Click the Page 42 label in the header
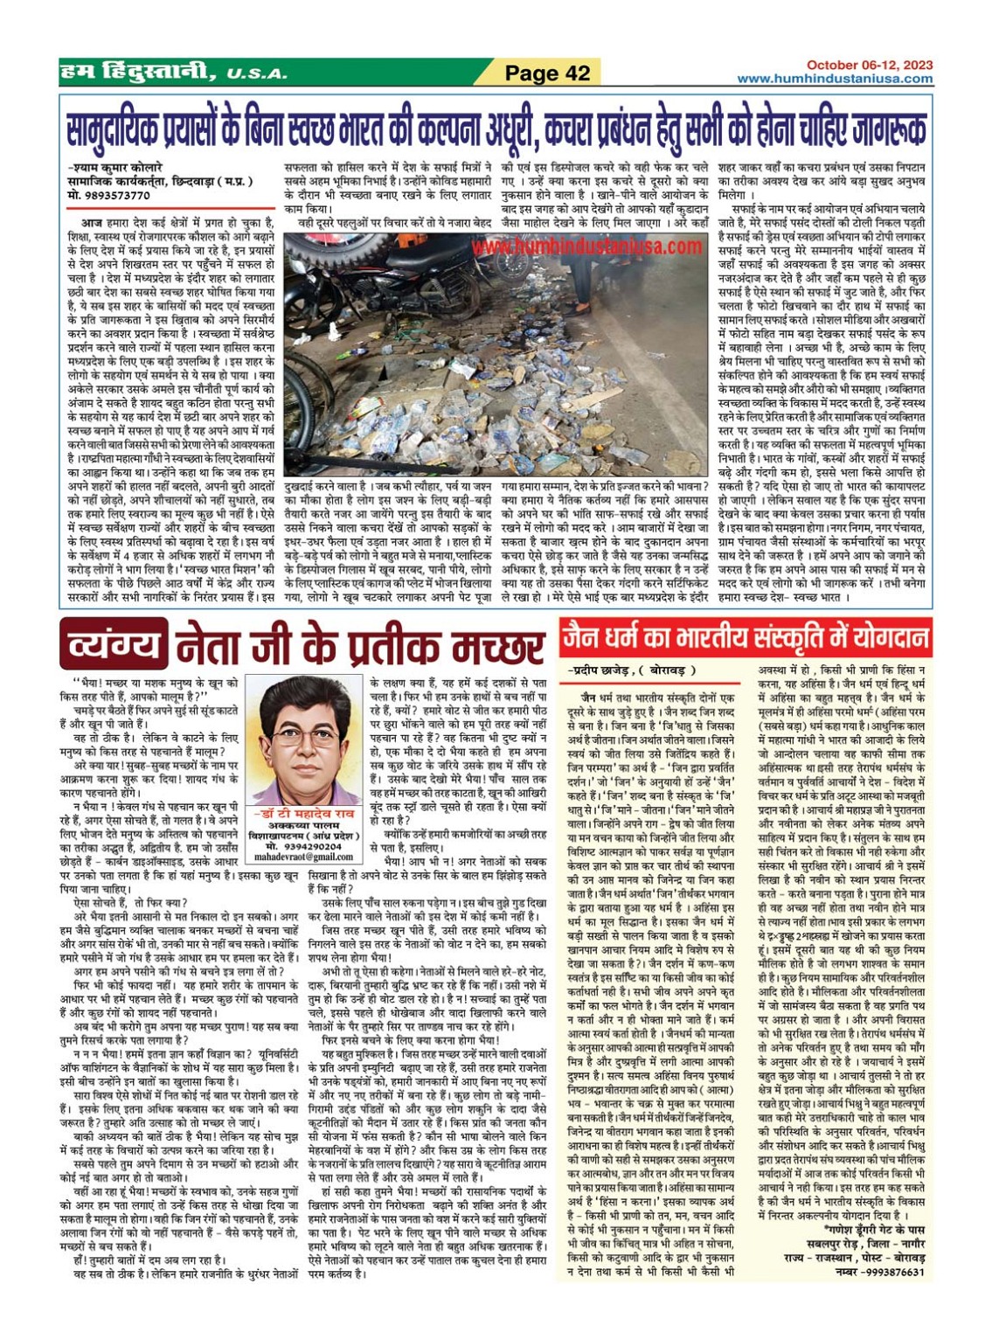point(548,73)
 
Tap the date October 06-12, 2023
point(869,65)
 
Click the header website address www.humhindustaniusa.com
point(834,79)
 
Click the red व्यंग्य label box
point(111,643)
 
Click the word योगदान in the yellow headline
point(886,636)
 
